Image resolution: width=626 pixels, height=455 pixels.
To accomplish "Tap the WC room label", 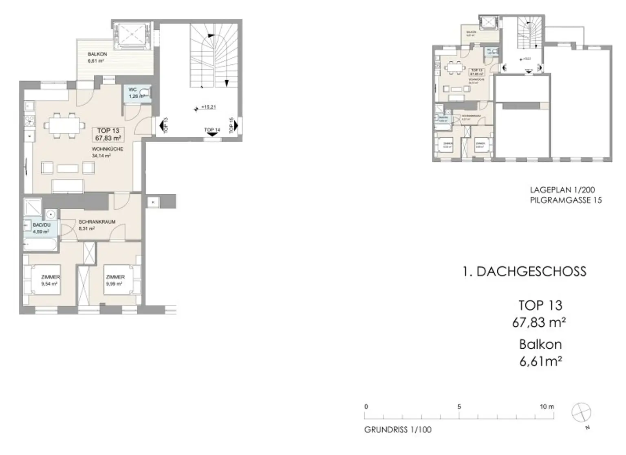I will click(x=133, y=90).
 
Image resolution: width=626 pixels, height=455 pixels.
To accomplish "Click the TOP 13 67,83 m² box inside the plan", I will click(x=108, y=134).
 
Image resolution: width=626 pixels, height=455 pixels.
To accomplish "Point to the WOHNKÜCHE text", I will click(x=108, y=149).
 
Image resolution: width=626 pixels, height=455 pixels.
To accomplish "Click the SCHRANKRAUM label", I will click(x=97, y=222).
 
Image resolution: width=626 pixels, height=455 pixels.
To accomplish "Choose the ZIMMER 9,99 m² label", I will click(x=115, y=277).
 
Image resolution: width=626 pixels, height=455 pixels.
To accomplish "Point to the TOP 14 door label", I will click(x=212, y=130).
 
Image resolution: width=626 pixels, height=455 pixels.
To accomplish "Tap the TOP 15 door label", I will click(x=231, y=125).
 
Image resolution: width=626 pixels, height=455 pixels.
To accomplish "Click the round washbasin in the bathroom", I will click(x=51, y=214).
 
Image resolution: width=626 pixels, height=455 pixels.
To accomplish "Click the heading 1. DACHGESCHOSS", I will click(x=525, y=272).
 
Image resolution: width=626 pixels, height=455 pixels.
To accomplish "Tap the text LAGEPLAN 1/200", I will click(x=562, y=190).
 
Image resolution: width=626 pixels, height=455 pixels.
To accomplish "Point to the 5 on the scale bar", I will click(x=459, y=407).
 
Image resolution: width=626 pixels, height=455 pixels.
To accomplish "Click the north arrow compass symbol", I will click(x=581, y=412).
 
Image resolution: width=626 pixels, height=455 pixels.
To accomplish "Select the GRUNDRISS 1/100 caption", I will click(x=398, y=430).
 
